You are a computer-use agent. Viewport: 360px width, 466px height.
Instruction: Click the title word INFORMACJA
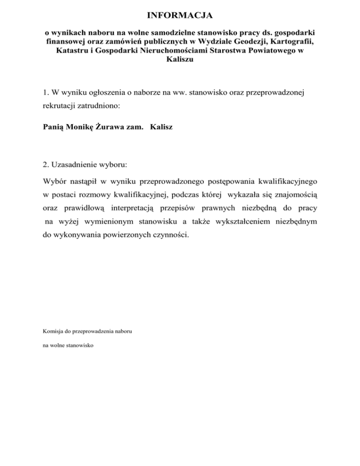coord(180,16)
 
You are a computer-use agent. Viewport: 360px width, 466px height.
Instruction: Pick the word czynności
coord(169,234)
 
